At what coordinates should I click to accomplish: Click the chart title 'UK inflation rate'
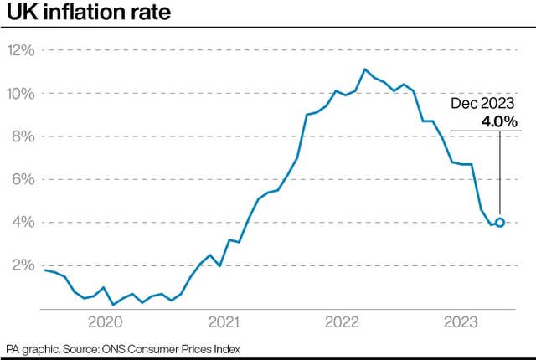point(89,14)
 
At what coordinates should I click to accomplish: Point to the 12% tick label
point(21,50)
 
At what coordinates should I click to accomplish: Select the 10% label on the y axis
point(21,93)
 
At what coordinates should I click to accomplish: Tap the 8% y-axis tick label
point(23,136)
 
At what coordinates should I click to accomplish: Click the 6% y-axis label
point(23,179)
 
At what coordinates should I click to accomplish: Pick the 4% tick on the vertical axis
point(23,223)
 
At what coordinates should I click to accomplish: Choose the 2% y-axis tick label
point(23,265)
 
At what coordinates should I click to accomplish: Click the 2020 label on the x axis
point(106,321)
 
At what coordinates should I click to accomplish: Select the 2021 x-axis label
point(224,321)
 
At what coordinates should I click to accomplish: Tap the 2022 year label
point(342,321)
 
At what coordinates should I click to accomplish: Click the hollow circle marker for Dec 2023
point(500,223)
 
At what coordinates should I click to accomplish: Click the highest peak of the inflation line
point(365,69)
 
